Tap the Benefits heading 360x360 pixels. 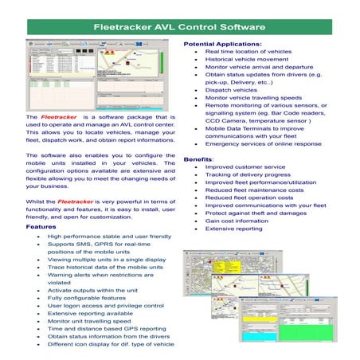(198, 160)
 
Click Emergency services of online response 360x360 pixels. (263, 143)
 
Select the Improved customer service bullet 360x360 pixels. (244, 168)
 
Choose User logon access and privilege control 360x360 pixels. (112, 303)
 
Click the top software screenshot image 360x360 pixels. (103, 72)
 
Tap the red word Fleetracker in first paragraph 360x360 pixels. (59, 117)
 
